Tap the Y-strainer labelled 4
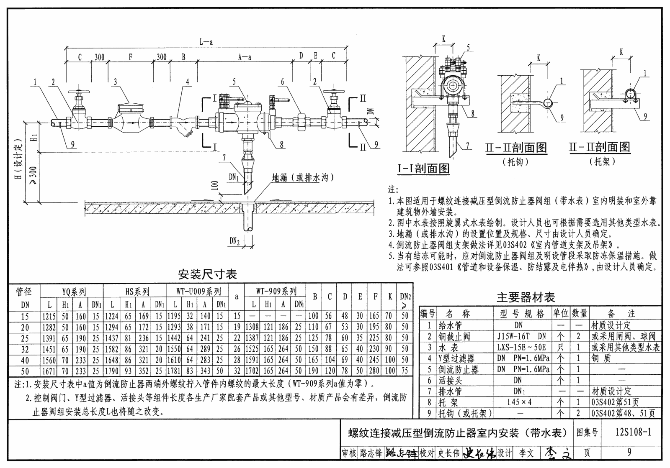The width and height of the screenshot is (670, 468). point(183,124)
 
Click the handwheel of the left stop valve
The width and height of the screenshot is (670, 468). point(79,92)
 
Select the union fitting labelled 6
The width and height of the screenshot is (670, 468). point(301,122)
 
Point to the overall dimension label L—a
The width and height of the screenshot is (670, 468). point(206,42)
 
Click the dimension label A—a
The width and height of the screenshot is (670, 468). point(245,57)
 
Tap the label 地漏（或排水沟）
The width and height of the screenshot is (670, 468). point(302,178)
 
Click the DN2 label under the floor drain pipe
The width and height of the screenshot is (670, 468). point(235,241)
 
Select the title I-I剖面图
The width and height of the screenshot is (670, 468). point(423,169)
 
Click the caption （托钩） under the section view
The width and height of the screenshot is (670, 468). point(515,162)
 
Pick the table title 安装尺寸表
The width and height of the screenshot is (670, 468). point(208,274)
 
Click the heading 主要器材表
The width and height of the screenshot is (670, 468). point(526,297)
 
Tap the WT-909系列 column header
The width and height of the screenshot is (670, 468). point(276,291)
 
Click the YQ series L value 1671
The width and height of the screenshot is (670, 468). point(49,371)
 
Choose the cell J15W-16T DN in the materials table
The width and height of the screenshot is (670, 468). point(521,337)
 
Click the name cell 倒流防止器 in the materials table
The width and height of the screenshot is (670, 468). point(458,369)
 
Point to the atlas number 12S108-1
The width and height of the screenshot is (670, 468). point(633,432)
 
